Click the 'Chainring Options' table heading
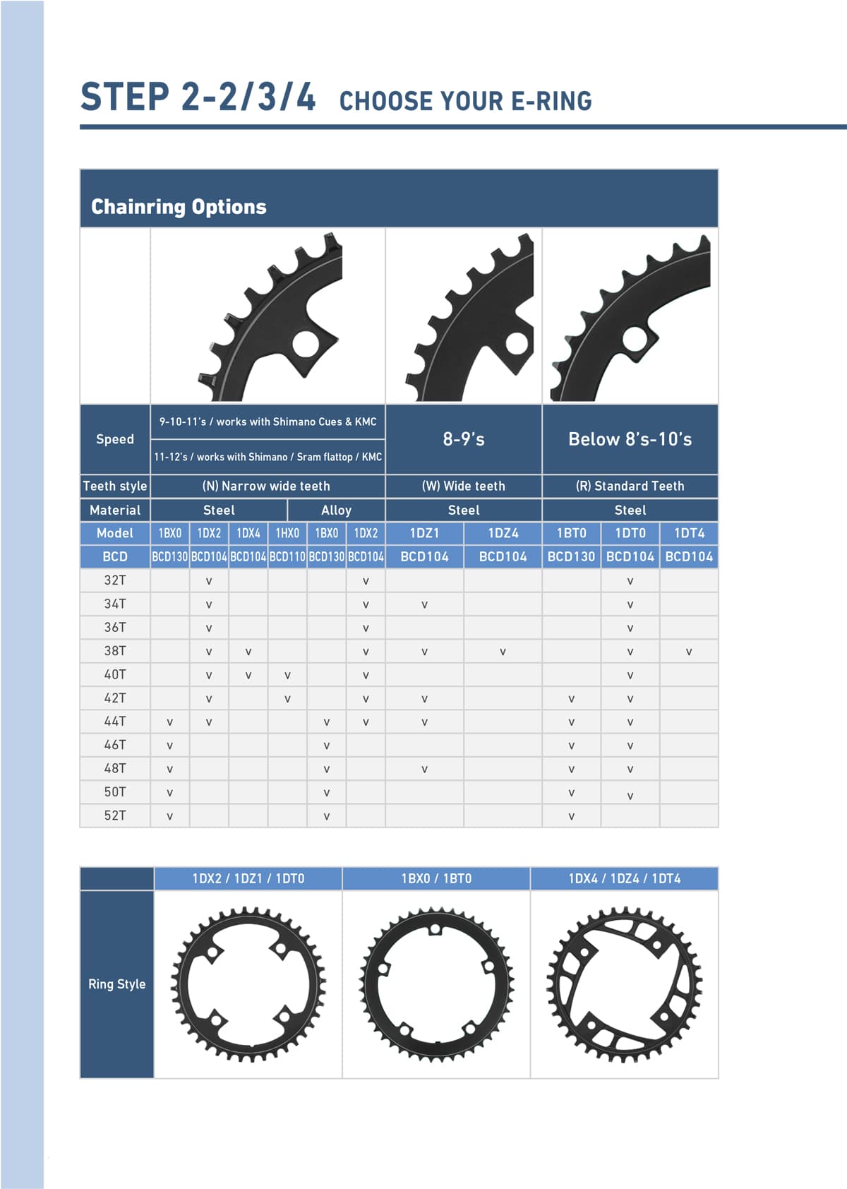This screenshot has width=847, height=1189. (179, 207)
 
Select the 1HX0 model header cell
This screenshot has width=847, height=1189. (287, 533)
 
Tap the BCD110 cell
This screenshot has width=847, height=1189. (287, 556)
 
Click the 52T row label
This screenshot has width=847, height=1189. (115, 815)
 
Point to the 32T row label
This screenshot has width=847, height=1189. (115, 580)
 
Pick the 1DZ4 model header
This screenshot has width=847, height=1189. (503, 533)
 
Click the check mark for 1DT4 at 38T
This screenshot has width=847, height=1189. (688, 652)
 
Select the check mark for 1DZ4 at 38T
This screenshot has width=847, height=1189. (503, 652)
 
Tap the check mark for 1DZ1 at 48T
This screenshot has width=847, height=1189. (425, 769)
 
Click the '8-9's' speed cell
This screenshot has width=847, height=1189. (464, 439)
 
